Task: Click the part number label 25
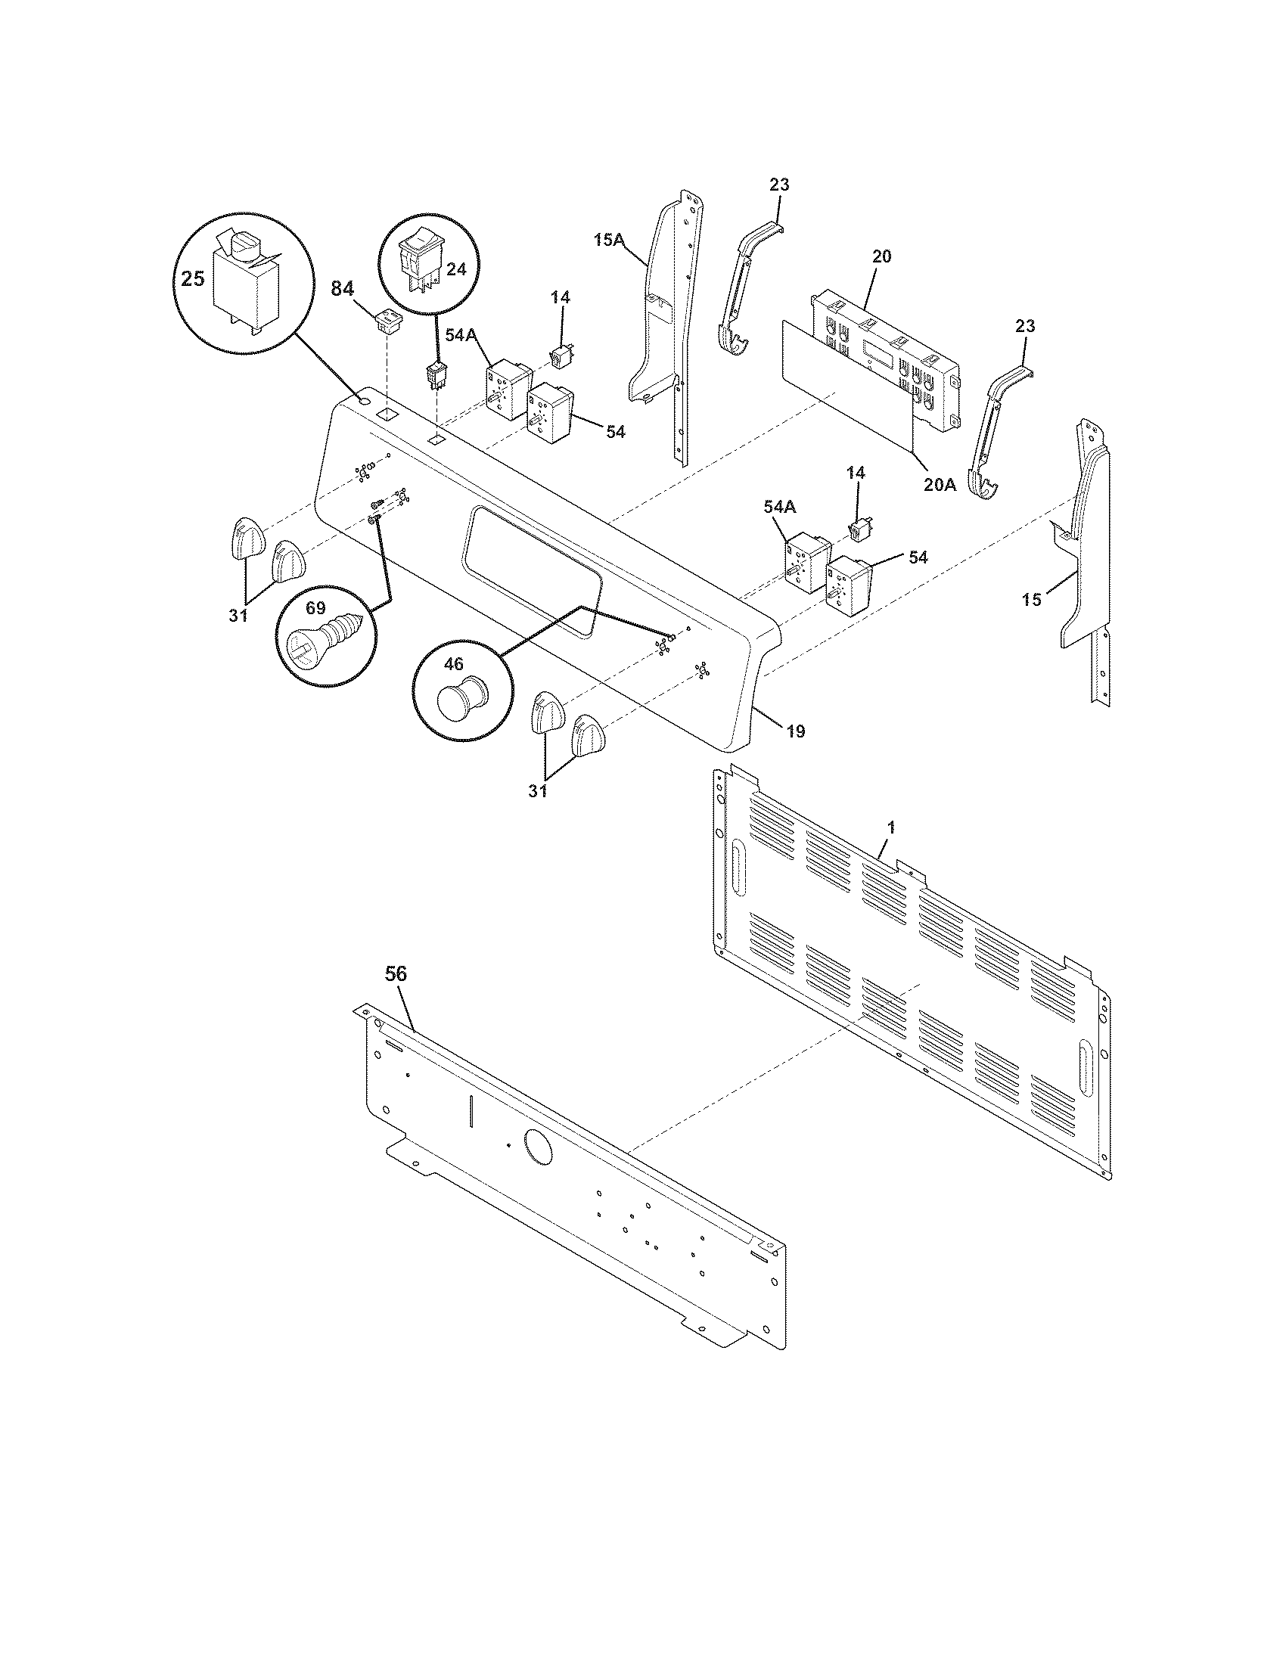[193, 280]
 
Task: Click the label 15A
[610, 241]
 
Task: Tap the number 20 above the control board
[881, 256]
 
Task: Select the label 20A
[939, 484]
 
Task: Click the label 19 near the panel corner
[794, 731]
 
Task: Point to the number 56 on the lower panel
[396, 973]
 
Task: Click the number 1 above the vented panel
[891, 827]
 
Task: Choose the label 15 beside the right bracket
[1031, 600]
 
